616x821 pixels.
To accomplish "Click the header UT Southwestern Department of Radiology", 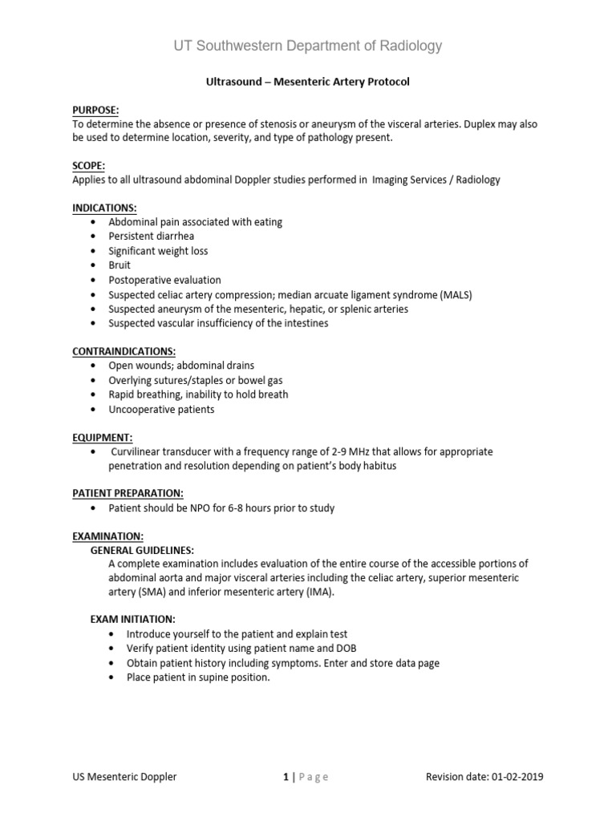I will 308,46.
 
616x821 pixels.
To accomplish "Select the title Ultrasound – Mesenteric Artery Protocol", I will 308,82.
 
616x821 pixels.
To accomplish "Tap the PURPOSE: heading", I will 95,110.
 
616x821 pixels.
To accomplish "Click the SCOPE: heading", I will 88,165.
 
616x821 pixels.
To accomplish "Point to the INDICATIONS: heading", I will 104,208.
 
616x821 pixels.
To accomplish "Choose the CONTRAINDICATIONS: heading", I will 124,351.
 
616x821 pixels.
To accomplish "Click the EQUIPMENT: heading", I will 102,437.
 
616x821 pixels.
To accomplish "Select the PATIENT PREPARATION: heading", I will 128,493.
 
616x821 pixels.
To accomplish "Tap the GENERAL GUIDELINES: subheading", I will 141,550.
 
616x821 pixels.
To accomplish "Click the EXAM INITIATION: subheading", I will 132,619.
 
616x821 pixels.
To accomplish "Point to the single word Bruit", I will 120,265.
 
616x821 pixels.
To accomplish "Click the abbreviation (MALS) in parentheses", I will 455,294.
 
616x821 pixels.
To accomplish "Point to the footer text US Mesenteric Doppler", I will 124,776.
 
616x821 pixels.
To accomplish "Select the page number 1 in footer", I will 284,776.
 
